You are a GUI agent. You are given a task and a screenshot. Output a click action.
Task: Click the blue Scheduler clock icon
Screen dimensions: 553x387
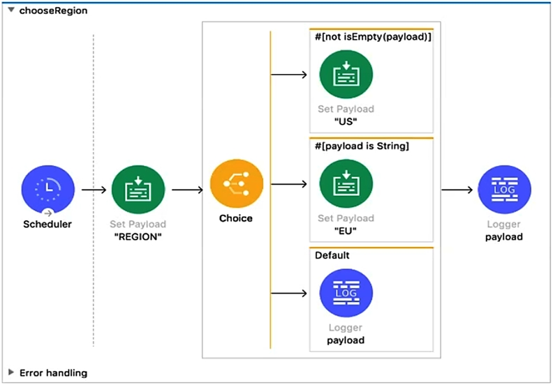48,190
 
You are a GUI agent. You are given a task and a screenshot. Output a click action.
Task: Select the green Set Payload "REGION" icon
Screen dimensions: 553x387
138,190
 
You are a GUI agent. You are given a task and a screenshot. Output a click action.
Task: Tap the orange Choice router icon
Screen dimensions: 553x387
237,183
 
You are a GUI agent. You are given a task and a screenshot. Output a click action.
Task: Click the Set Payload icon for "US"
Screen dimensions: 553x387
346,75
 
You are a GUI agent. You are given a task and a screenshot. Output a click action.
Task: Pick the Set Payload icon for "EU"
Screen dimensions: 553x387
346,183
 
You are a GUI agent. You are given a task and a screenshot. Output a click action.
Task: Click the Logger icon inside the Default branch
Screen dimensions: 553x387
346,293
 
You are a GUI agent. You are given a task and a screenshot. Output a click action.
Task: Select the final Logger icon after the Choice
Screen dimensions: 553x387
504,190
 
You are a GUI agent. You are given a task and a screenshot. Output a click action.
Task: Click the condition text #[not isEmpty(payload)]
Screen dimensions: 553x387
373,37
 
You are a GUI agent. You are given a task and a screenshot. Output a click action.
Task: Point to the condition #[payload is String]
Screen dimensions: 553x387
362,146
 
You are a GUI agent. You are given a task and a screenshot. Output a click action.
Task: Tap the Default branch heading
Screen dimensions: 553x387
332,255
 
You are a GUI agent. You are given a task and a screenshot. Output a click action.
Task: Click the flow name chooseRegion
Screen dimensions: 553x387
53,10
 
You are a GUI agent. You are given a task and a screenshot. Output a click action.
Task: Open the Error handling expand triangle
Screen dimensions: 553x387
11,372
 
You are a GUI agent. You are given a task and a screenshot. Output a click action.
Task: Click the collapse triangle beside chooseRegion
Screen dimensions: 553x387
11,10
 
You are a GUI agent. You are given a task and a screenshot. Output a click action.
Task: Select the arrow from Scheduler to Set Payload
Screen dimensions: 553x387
94,190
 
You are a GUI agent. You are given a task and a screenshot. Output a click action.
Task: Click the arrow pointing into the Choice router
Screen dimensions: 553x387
188,190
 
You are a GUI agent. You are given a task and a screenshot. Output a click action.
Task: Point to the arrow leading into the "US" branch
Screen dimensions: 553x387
289,75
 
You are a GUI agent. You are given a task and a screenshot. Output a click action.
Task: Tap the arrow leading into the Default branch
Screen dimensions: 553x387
289,294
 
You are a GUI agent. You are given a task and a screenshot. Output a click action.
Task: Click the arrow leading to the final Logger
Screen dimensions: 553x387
457,190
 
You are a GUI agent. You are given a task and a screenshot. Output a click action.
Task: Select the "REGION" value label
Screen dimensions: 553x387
138,236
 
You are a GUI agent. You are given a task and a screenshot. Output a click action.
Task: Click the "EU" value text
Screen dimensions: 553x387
346,231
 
